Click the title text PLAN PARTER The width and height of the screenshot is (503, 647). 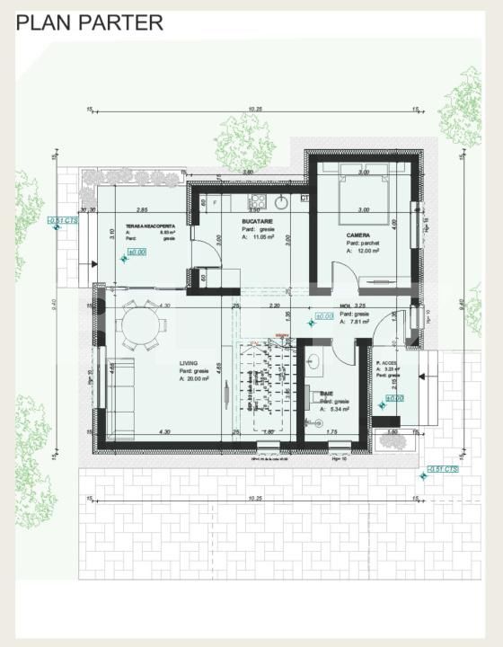90,22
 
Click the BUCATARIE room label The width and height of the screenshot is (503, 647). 259,220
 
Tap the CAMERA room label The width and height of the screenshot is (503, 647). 358,235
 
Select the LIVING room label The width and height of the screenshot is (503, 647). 189,363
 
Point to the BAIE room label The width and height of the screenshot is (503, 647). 327,393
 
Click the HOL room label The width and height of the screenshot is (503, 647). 345,306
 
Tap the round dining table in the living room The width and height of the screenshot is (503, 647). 139,326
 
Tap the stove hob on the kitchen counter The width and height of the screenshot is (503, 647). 257,200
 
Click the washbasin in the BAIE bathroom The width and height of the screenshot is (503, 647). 315,363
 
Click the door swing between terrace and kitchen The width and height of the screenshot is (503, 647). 206,252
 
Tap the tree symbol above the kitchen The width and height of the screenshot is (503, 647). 241,141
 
